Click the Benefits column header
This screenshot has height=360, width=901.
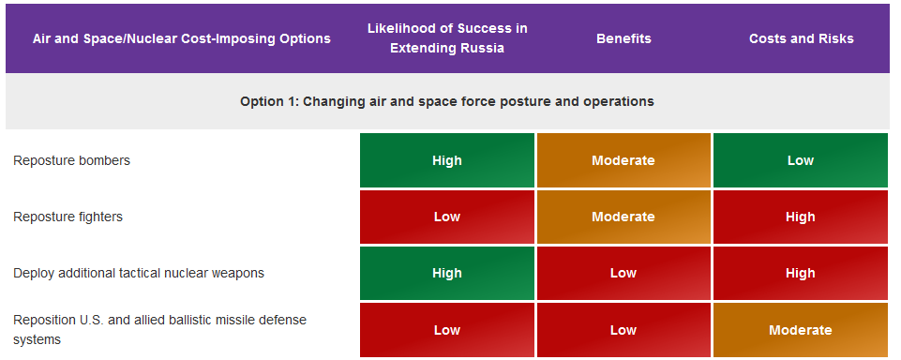[623, 38]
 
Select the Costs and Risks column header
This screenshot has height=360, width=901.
[801, 38]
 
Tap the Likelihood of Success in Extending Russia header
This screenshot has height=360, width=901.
[447, 37]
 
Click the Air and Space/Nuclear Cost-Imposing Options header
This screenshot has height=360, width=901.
[182, 38]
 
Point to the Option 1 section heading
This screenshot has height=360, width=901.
[447, 101]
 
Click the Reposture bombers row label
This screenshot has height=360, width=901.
[72, 160]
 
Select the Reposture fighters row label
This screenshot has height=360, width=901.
[68, 217]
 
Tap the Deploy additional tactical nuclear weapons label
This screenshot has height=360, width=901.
[139, 274]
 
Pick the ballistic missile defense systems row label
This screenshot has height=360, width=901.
[159, 330]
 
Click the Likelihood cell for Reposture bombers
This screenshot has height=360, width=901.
[447, 160]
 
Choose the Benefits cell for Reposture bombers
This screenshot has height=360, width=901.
[623, 160]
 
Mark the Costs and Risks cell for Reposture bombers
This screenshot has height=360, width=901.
[801, 160]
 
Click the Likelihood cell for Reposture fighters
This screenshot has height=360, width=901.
[447, 217]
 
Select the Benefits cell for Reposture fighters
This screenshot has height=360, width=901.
[623, 217]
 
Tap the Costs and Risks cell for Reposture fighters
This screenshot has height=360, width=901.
[801, 217]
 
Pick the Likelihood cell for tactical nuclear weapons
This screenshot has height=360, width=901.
[447, 274]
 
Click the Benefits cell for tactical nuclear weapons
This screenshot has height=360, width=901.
[623, 274]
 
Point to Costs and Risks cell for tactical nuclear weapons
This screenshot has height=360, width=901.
[801, 274]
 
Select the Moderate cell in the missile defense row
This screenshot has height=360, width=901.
[801, 330]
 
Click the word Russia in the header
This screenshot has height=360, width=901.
[485, 48]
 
